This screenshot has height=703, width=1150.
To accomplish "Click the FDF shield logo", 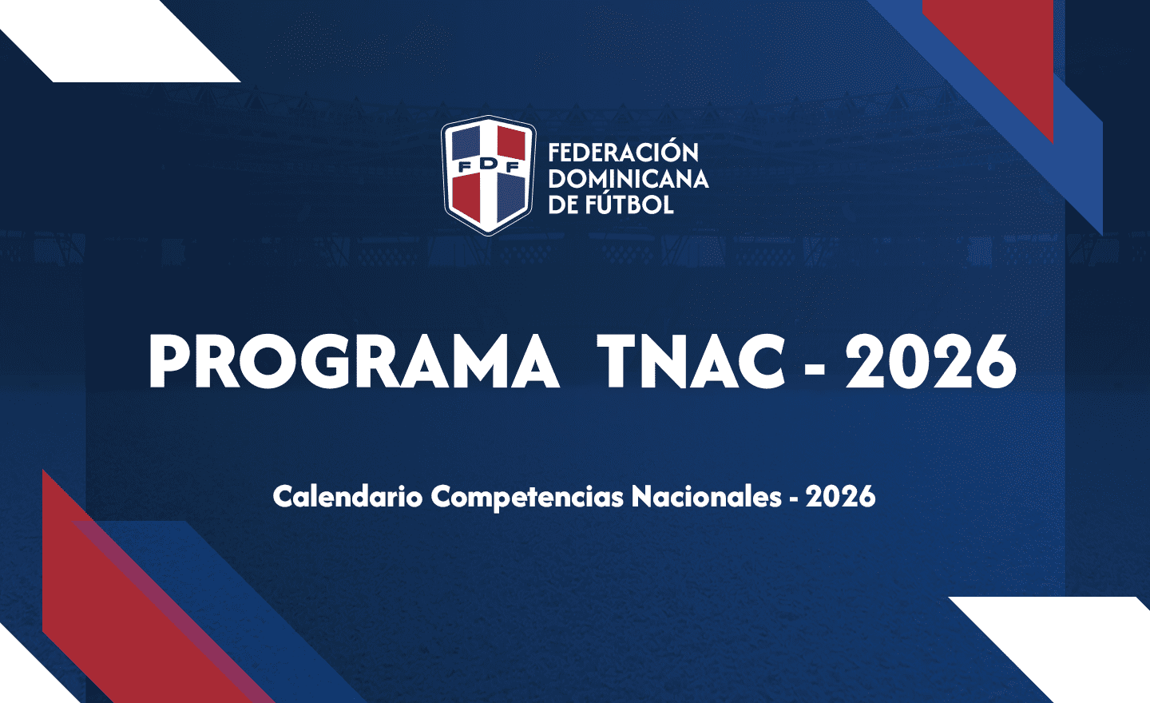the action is click(x=488, y=176).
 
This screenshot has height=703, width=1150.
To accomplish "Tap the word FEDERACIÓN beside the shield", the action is click(x=623, y=153).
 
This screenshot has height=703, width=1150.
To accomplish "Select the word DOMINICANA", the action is click(x=629, y=179).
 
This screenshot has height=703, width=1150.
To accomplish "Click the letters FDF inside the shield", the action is click(x=488, y=166).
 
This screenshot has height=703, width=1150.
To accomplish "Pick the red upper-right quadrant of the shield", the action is click(x=511, y=143).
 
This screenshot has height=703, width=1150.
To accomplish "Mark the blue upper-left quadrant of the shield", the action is click(x=466, y=143).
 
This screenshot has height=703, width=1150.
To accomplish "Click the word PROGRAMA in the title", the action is click(x=354, y=362).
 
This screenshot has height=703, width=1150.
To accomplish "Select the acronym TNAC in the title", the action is click(x=691, y=362).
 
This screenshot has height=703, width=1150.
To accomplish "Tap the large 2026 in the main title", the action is click(x=931, y=362).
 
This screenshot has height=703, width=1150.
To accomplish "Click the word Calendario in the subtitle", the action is click(x=347, y=497).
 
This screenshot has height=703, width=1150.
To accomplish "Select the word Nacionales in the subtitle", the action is click(x=707, y=497).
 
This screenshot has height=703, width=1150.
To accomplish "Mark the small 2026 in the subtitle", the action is click(x=840, y=497).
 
